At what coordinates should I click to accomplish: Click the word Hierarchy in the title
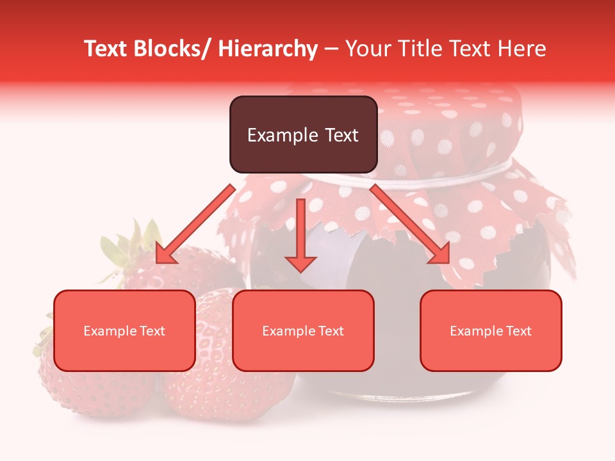[268, 49]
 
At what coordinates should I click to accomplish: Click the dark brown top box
[303, 115]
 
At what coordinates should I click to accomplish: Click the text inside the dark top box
[303, 135]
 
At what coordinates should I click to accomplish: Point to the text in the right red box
[491, 331]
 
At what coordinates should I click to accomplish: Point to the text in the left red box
[124, 331]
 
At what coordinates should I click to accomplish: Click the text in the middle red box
[303, 331]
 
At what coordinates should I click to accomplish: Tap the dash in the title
[331, 49]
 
